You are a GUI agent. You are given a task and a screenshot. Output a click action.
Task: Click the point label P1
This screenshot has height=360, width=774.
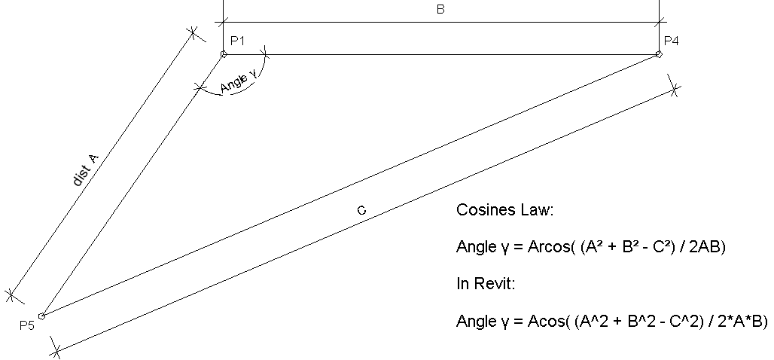coord(238,41)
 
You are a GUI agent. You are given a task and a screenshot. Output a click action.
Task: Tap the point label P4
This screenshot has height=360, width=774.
coord(671,41)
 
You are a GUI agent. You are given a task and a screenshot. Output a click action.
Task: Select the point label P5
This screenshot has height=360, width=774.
coord(27,325)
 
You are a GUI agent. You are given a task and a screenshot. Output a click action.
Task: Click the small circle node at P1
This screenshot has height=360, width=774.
coord(224,54)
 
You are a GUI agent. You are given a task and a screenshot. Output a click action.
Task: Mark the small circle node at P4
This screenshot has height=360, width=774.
coord(659,54)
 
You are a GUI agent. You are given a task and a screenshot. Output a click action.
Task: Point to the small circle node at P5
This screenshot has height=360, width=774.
coord(42,316)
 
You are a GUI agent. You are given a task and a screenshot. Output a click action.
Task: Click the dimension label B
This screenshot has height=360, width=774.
coord(440,10)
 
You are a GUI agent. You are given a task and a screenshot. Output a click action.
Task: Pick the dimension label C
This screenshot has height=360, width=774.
coord(361,212)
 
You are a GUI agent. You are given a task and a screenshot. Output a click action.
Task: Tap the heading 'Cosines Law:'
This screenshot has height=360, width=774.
coord(504,210)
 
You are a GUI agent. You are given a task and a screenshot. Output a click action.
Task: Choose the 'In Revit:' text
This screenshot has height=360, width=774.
coord(486,285)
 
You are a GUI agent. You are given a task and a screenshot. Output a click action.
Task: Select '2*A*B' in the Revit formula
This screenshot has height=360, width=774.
coord(741,322)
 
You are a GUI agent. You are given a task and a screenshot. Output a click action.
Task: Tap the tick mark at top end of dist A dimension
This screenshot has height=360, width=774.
coord(193,33)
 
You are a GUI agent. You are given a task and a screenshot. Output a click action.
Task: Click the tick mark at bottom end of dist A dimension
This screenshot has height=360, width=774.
coord(11,294)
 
